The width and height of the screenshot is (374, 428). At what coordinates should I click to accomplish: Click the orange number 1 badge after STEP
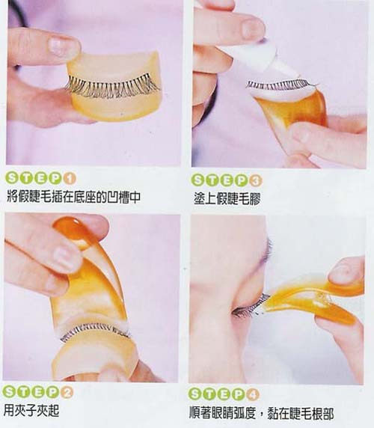[70, 179]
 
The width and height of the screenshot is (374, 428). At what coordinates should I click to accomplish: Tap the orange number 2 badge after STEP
[67, 393]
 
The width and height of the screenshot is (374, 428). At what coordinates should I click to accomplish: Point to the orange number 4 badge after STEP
[253, 394]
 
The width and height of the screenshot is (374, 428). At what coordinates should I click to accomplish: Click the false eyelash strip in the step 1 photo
[112, 86]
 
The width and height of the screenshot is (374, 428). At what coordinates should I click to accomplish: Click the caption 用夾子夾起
[31, 410]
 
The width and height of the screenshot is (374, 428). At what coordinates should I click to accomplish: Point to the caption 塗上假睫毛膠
[227, 198]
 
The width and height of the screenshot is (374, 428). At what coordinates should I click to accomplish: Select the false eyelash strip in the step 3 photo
[281, 85]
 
